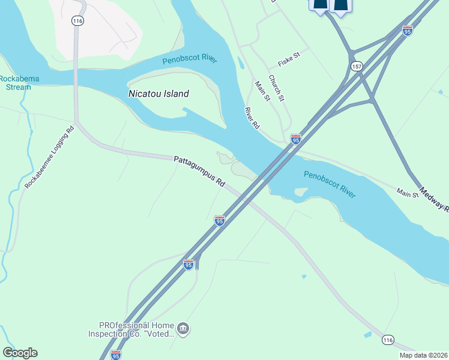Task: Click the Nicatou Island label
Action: click(x=159, y=94)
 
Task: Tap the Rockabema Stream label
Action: click(x=15, y=83)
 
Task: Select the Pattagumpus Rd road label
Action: click(x=199, y=172)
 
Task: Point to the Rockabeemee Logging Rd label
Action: click(x=49, y=157)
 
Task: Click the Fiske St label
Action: click(x=288, y=63)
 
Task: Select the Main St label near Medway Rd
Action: click(x=407, y=193)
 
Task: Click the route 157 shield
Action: click(x=357, y=65)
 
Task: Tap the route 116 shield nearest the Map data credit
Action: click(x=388, y=340)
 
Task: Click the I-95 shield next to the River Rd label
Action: click(x=295, y=139)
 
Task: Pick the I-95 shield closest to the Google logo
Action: click(x=116, y=355)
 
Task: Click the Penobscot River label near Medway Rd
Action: click(x=330, y=185)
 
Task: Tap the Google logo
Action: click(x=20, y=353)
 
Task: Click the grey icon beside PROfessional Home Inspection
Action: click(x=184, y=329)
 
